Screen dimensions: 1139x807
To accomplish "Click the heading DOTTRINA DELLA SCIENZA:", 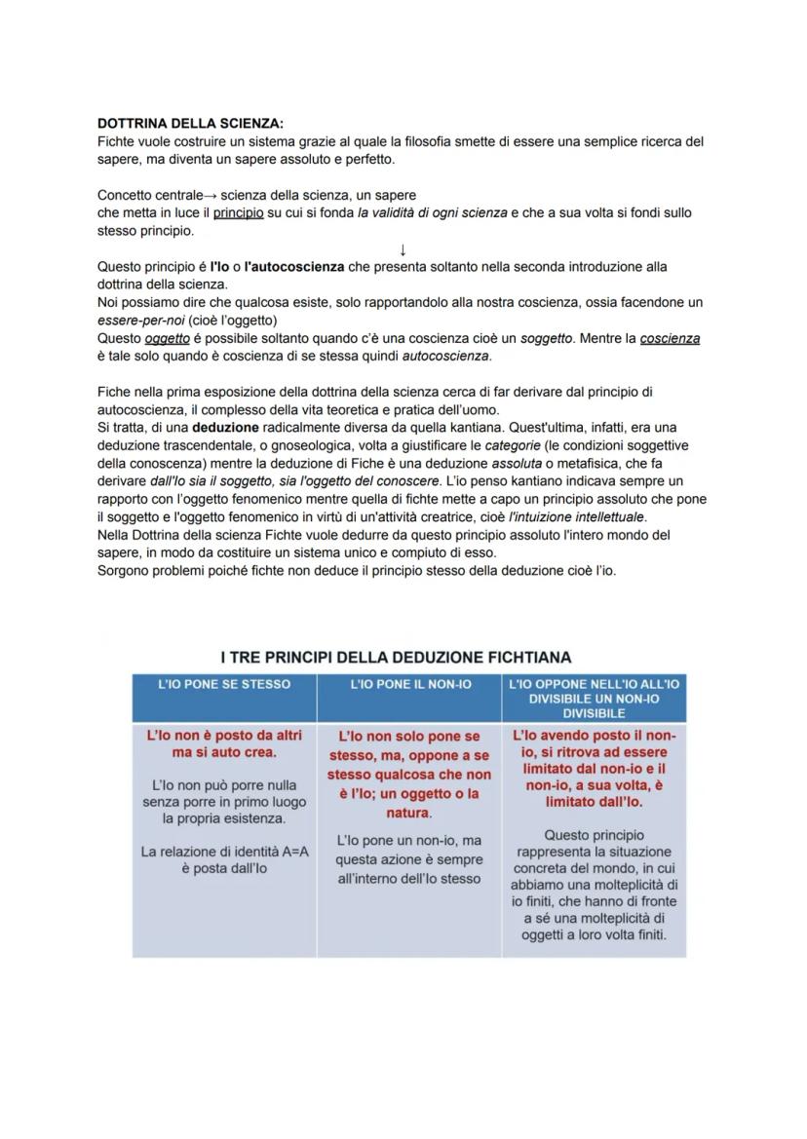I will click(x=190, y=124).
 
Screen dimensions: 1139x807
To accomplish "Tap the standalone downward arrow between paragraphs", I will click(x=403, y=249).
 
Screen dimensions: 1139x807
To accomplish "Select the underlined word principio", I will click(x=238, y=212).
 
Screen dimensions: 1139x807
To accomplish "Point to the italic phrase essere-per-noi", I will click(x=141, y=321).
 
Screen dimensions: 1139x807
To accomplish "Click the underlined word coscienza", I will click(x=670, y=338).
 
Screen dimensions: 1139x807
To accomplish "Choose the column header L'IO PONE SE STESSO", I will click(x=224, y=685).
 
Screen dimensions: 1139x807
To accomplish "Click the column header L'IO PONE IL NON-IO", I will click(x=409, y=685).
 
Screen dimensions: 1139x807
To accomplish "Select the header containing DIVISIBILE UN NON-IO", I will click(x=594, y=699).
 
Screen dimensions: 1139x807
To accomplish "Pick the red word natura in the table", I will click(x=407, y=812).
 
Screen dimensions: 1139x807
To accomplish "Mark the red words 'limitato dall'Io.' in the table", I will click(x=594, y=802).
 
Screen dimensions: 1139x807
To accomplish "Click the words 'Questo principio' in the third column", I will click(x=594, y=835).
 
